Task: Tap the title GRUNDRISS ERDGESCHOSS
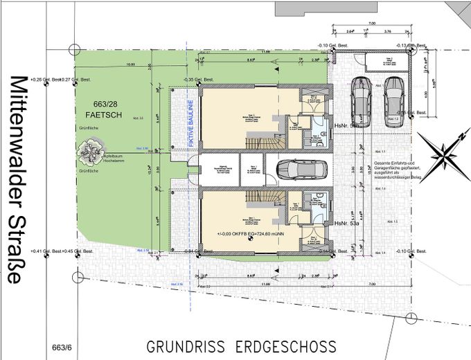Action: pos(242,345)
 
